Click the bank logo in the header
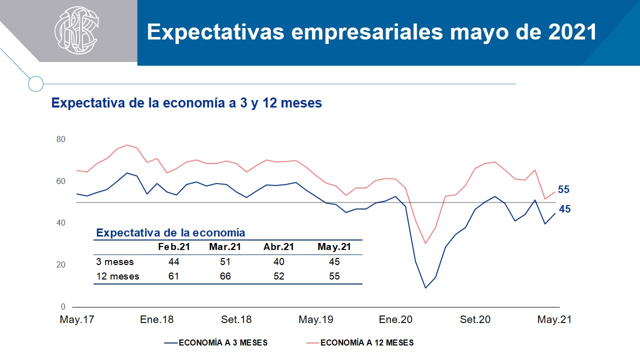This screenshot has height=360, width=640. pyautogui.click(x=76, y=30)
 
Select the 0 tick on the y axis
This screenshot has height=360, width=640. pyautogui.click(x=63, y=306)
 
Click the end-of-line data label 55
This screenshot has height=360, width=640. pyautogui.click(x=563, y=189)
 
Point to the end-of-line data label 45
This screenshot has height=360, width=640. pyautogui.click(x=564, y=209)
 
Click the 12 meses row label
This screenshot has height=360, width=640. pyautogui.click(x=117, y=276)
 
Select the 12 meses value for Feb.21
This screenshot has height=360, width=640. pyautogui.click(x=174, y=276)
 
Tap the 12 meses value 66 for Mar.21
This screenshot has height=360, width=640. pyautogui.click(x=225, y=276)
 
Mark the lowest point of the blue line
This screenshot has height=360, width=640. pyautogui.click(x=425, y=287)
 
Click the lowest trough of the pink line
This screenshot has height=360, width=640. pyautogui.click(x=425, y=243)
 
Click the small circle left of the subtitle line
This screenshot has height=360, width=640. pyautogui.click(x=35, y=83)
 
